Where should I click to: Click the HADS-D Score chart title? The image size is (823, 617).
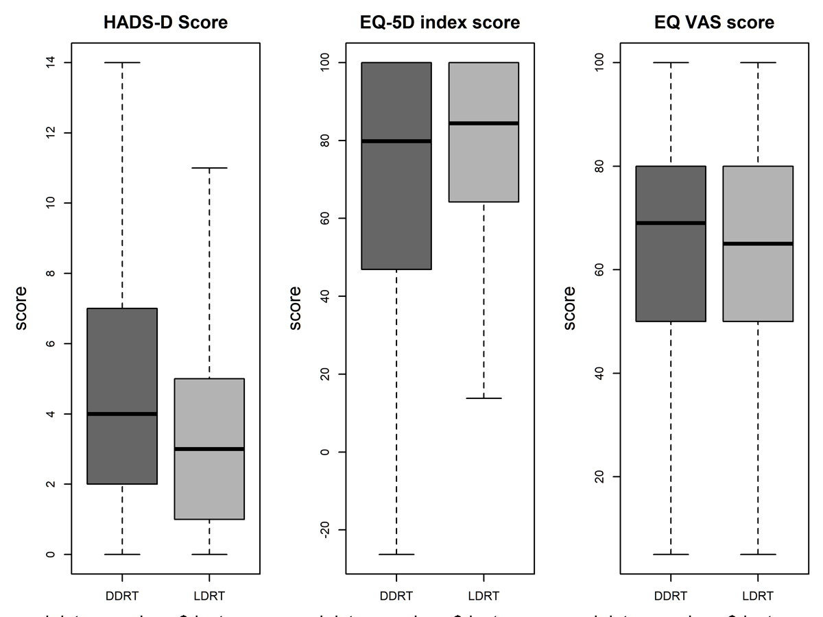coord(165,23)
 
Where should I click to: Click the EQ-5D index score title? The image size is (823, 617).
coord(440,23)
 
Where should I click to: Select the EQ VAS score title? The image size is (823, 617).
coord(714,23)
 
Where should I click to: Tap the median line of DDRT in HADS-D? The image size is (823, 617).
coord(123,413)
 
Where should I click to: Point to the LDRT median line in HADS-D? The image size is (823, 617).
coord(209,449)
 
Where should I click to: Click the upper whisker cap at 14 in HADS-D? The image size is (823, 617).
coord(123,62)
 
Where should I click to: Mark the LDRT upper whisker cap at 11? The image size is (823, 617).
coord(209,168)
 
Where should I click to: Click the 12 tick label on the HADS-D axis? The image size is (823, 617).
coord(49,132)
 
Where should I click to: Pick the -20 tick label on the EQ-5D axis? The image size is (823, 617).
coord(324,530)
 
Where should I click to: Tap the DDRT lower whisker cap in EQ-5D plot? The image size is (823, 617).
coord(397,554)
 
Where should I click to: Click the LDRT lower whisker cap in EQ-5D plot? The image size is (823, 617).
coord(484,398)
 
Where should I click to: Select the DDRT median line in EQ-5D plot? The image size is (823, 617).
coord(397,141)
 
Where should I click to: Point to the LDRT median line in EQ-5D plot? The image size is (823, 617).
coord(484,123)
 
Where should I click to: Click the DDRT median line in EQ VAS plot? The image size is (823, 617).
coord(671,223)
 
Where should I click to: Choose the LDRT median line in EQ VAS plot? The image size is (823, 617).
coord(758,243)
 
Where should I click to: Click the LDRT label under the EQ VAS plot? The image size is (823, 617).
coord(758,596)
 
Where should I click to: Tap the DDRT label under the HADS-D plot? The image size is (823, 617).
coord(123,596)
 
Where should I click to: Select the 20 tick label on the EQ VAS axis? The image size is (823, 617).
coord(598,476)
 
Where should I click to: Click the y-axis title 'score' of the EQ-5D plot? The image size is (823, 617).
coord(296,308)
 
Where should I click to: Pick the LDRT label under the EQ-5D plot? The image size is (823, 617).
coord(484,596)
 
